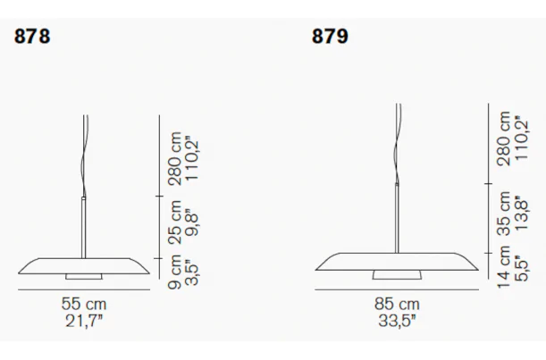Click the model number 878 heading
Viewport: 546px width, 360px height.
pos(32,37)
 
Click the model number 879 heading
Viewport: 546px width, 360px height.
pos(330,37)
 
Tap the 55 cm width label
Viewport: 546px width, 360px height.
pos(84,304)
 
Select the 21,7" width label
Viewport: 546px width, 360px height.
pos(84,321)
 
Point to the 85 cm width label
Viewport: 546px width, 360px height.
pos(397,304)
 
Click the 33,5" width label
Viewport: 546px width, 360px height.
pos(397,321)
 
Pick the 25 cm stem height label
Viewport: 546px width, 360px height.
pos(174,222)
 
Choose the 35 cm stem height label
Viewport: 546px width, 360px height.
pos(504,213)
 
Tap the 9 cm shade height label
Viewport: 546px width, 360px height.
pos(174,272)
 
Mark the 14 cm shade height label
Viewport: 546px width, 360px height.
pos(504,267)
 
